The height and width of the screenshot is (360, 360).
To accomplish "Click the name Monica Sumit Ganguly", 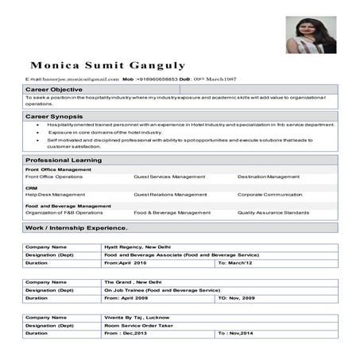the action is coord(108,64).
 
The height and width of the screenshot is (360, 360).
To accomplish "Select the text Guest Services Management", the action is coord(169,176).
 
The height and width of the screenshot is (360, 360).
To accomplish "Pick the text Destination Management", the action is coord(269,176).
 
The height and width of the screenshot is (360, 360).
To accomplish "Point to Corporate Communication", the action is coord(269,194).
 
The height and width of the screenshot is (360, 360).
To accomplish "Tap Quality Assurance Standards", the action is coord(273,213).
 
